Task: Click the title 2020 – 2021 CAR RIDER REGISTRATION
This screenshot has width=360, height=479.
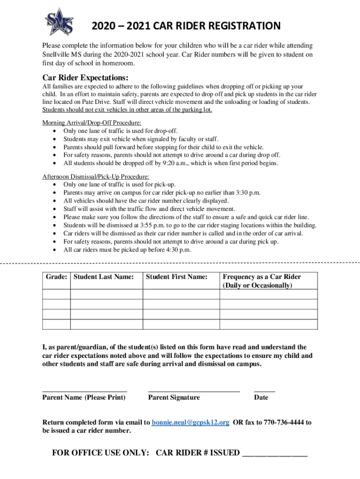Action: click(x=186, y=26)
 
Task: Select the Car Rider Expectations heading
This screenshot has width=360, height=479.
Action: click(x=85, y=77)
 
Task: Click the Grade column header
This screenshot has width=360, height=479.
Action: click(x=56, y=277)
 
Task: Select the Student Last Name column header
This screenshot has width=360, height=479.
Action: click(x=103, y=277)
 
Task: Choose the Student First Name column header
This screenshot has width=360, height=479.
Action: click(x=176, y=277)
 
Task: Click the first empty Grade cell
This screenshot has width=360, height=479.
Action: click(x=56, y=294)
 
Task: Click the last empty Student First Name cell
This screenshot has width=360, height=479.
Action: click(x=180, y=324)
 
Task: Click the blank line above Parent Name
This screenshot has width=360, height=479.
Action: click(x=85, y=390)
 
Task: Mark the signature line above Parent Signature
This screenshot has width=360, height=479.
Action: click(x=194, y=390)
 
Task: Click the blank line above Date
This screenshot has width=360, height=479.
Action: click(x=264, y=390)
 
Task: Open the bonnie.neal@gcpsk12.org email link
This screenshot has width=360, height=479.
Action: click(x=190, y=422)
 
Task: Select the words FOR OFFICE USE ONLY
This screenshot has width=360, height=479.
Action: click(x=101, y=453)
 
